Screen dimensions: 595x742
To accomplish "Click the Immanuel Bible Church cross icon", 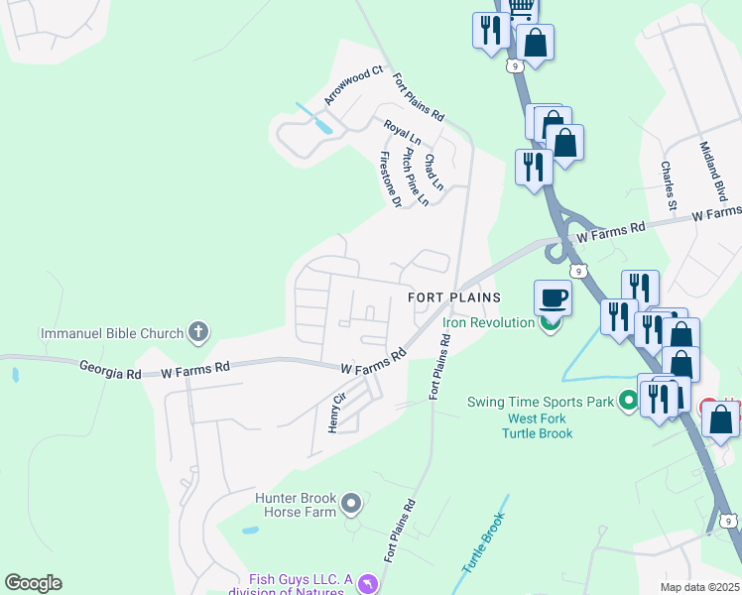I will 198,332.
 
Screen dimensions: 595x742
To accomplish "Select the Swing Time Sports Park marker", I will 627,402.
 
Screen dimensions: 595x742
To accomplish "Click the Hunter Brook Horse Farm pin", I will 350,504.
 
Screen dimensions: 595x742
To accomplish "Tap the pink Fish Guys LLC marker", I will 367,582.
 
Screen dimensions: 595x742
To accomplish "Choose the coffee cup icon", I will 553,297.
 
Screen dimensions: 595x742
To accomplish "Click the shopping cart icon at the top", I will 522,7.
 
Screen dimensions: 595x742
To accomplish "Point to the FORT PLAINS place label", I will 453,297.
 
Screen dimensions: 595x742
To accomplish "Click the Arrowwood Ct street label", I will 353,86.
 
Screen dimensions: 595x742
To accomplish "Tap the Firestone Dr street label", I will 390,179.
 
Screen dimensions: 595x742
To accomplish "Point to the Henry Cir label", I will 336,410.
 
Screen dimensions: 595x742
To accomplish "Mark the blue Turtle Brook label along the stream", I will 483,541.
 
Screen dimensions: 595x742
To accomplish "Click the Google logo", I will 33,583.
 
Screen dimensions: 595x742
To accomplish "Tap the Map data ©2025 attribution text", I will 699,587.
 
